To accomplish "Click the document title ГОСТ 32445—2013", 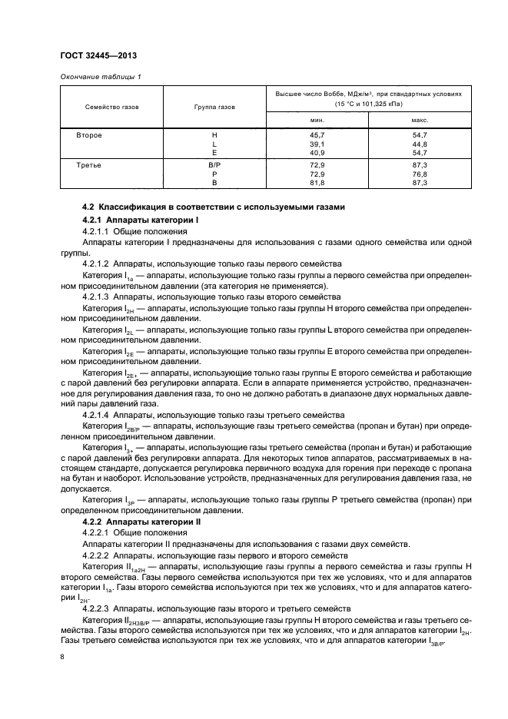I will tap(95, 55).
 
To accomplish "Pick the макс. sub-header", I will tap(419, 120).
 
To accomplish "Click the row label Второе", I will tap(89, 134).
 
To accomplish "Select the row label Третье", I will tap(89, 165).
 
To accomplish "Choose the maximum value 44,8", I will tap(419, 144).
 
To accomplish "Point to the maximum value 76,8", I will tap(419, 174).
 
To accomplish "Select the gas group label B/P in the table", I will tap(214, 165).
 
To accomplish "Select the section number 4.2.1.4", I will tap(97, 414).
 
